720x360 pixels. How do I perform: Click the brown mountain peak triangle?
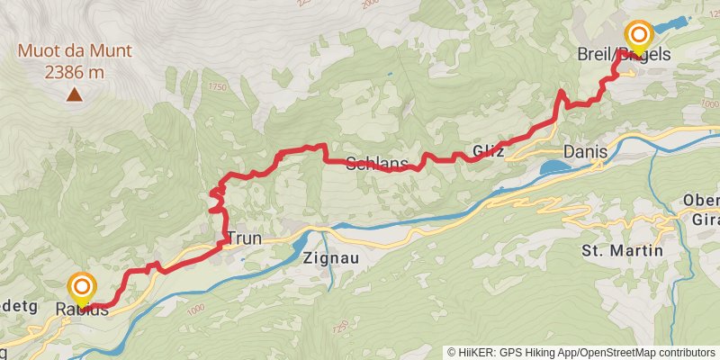pyautogui.click(x=74, y=94)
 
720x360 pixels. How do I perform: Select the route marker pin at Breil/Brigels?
pyautogui.click(x=639, y=36)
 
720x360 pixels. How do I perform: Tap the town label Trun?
pyautogui.click(x=244, y=239)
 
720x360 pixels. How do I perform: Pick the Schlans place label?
pyautogui.click(x=377, y=164)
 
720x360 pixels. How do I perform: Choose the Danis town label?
pyautogui.click(x=586, y=151)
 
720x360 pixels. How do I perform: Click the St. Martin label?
pyautogui.click(x=622, y=249)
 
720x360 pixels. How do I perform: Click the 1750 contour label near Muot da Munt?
pyautogui.click(x=217, y=87)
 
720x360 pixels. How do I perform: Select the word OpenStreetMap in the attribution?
pyautogui.click(x=612, y=352)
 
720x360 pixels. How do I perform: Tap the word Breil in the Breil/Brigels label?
pyautogui.click(x=595, y=56)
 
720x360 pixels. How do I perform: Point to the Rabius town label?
pyautogui.click(x=83, y=310)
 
